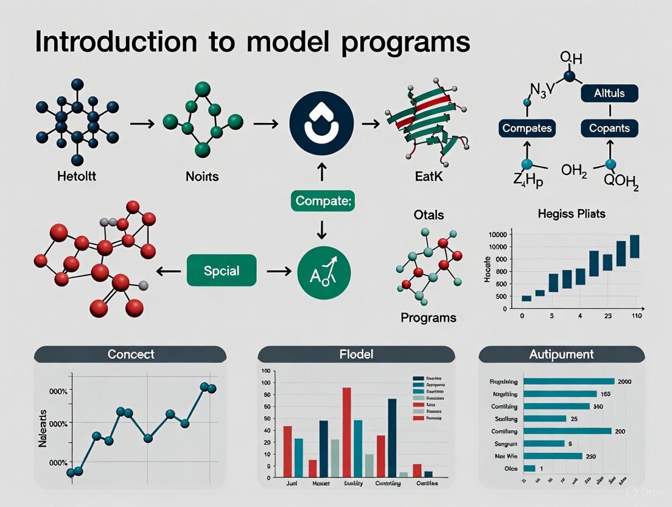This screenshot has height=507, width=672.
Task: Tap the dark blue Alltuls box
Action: point(609,93)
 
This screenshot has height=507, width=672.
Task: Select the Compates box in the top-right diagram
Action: point(527,129)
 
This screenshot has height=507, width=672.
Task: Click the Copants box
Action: point(609,129)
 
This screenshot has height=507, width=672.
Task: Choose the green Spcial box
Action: point(221,271)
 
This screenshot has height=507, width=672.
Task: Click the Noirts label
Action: point(201,177)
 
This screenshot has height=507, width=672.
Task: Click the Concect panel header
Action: point(130,354)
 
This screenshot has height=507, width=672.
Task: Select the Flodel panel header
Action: point(356,354)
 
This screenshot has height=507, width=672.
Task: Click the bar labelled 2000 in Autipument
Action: point(568,381)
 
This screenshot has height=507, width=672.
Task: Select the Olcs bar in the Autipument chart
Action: point(529,469)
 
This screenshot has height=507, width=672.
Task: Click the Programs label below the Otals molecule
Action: point(429,317)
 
